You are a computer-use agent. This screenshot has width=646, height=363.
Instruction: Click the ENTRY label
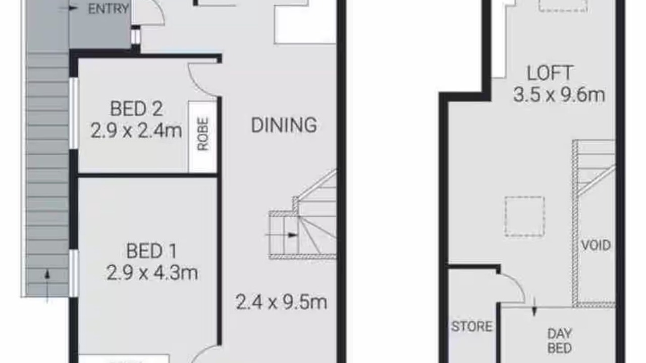pos(109,9)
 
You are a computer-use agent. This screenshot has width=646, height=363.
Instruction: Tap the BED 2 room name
pos(136,108)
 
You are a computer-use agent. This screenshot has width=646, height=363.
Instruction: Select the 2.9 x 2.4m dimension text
pos(136,131)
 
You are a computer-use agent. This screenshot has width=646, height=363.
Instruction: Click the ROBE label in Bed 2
pos(203,134)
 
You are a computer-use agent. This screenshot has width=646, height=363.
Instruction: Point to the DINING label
pos(284,125)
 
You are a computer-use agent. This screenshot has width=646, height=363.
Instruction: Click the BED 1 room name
pos(151,251)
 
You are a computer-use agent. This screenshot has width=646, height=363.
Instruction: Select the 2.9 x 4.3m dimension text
pos(152,273)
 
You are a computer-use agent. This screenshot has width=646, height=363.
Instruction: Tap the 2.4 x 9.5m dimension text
pos(281,302)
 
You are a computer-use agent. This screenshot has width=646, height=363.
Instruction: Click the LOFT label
pos(550,73)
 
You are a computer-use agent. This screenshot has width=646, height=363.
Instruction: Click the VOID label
pos(596,245)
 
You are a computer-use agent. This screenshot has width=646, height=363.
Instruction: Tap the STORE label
pos(472,326)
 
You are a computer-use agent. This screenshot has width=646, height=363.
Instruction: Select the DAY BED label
pos(560,341)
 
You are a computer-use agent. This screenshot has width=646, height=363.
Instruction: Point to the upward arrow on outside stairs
pos(47,286)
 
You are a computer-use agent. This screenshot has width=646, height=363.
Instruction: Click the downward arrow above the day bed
pos(534,308)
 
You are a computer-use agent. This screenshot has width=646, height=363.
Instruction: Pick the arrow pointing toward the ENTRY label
pos(68,9)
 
